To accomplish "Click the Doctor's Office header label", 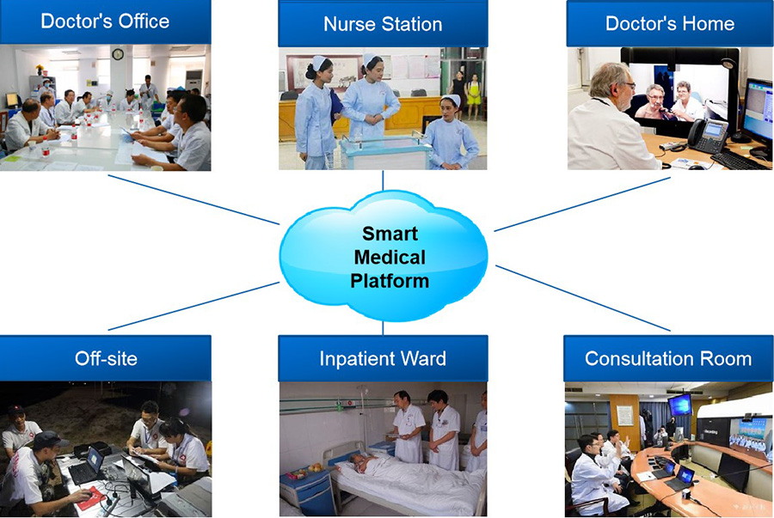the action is [105, 21].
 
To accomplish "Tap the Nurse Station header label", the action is [383, 24].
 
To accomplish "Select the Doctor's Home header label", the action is [670, 24].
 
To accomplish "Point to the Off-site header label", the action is [106, 358].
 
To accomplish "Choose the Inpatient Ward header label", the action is [383, 358].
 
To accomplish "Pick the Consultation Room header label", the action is [668, 358].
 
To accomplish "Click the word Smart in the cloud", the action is [390, 233].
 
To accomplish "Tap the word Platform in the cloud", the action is [390, 281].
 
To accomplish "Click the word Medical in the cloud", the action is [390, 257].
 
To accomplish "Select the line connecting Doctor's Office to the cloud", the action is [193, 199].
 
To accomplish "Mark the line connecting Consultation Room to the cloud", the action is [583, 298].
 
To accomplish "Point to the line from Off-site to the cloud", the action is [193, 306].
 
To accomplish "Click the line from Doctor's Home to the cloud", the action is [582, 204].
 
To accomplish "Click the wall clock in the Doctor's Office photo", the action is [118, 54].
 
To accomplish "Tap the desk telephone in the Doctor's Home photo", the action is [708, 135].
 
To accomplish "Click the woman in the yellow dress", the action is [474, 96].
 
